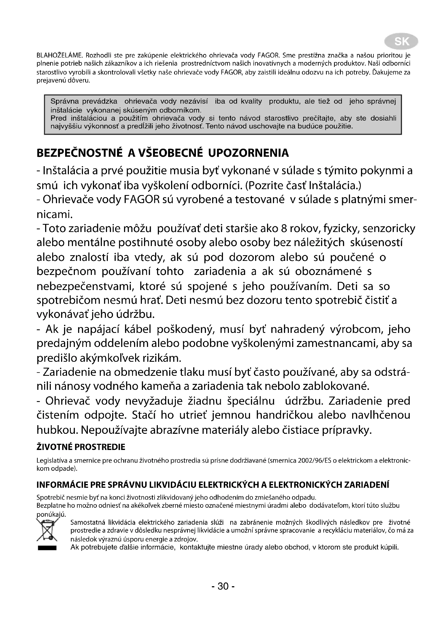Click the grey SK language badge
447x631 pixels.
click(x=402, y=42)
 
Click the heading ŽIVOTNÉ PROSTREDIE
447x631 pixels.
click(x=81, y=447)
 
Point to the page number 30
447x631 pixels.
click(x=223, y=586)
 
